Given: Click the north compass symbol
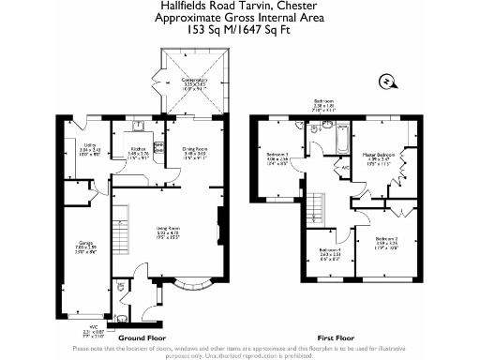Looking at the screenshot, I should click(385, 80).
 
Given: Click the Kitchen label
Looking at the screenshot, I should click(138, 150).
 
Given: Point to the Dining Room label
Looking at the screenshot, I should click(194, 150).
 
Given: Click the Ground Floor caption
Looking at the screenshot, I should click(143, 337).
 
